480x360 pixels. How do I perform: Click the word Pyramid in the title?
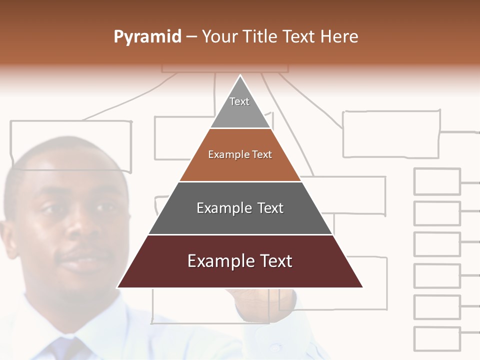click(x=147, y=37)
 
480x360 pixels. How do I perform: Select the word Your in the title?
click(x=219, y=37)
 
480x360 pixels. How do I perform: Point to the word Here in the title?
click(x=339, y=37)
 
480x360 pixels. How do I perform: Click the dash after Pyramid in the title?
click(x=191, y=37)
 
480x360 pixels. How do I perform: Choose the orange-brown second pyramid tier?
click(x=240, y=155)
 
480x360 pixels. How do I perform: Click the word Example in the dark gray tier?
click(x=221, y=208)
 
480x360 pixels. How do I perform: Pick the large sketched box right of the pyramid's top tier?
click(x=391, y=134)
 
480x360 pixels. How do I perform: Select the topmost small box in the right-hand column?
click(x=437, y=181)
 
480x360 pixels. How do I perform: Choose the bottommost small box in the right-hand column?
click(x=437, y=339)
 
